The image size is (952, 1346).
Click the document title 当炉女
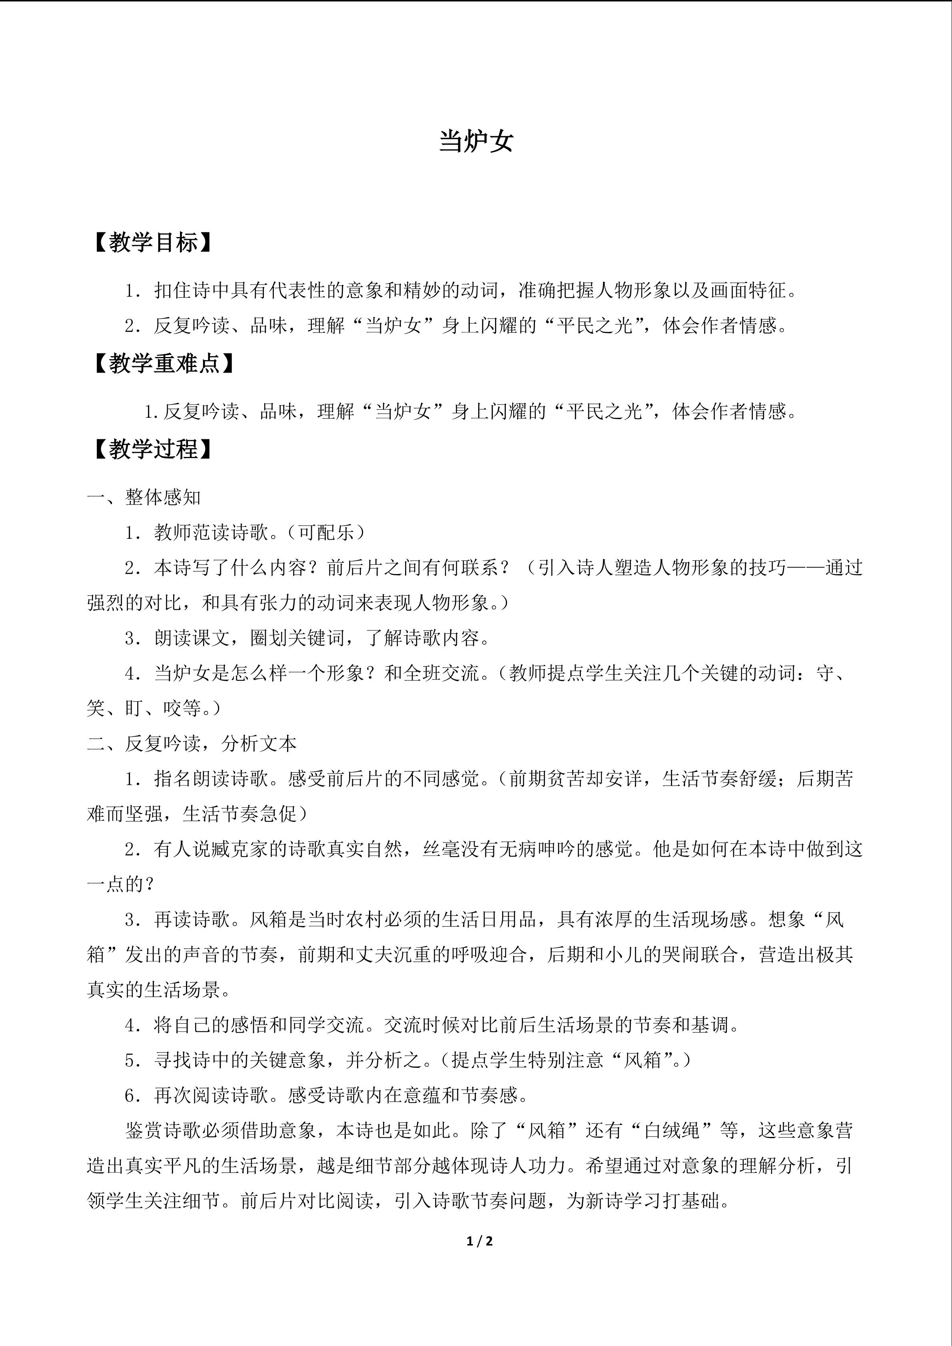point(476,141)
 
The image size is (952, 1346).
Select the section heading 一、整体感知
point(144,497)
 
